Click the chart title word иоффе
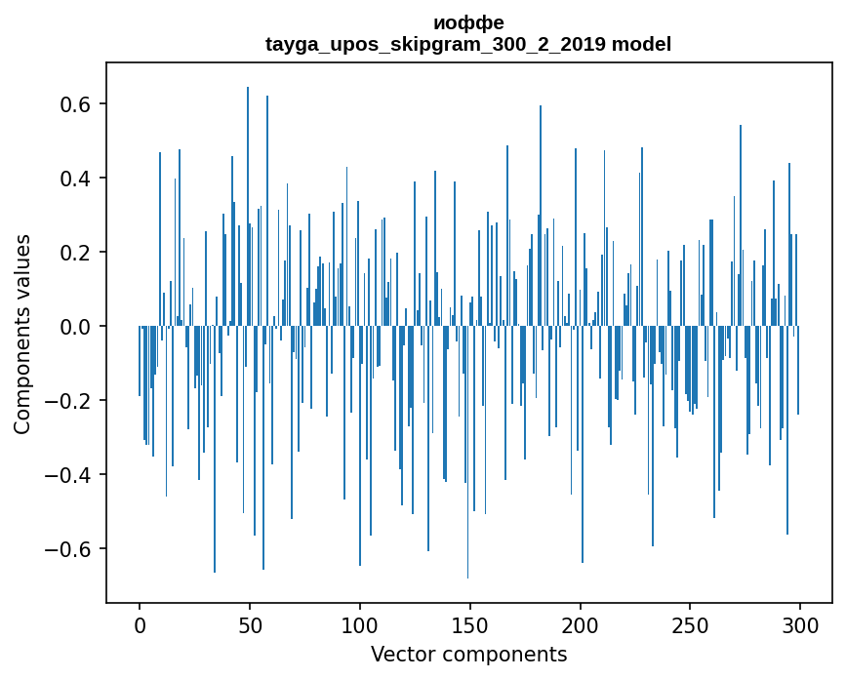[x=468, y=23]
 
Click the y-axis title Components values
[x=21, y=334]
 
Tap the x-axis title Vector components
[x=468, y=654]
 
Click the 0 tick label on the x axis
[x=140, y=624]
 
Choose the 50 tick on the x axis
[x=250, y=624]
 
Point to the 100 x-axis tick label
[x=360, y=624]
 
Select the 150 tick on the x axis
[x=470, y=624]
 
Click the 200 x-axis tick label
[x=581, y=624]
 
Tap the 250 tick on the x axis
[x=691, y=624]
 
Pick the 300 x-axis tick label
[x=801, y=624]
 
